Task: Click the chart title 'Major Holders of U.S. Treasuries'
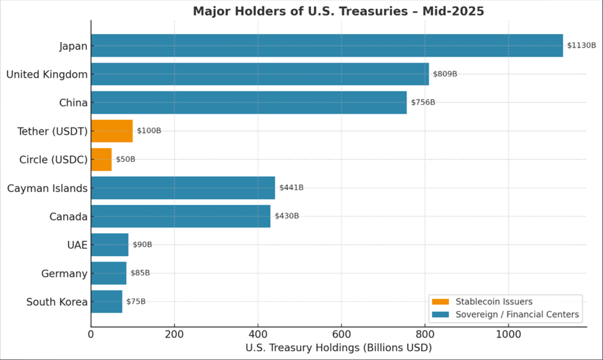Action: click(338, 11)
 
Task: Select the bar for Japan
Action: click(327, 46)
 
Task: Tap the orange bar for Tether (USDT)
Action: click(111, 131)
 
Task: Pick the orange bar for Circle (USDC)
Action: click(101, 160)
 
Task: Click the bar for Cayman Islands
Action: click(182, 188)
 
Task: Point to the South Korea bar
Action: click(106, 302)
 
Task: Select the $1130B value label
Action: click(581, 46)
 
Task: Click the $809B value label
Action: click(445, 74)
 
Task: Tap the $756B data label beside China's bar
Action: click(423, 103)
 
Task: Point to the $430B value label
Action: click(287, 216)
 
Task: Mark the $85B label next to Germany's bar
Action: click(140, 273)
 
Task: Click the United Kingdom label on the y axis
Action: click(46, 74)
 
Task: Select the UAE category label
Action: click(77, 245)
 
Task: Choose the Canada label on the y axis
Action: click(68, 216)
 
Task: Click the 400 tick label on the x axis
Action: click(258, 335)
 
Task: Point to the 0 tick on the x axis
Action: click(91, 335)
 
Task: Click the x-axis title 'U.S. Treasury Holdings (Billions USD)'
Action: click(338, 348)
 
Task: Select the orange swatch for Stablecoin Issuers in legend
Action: click(440, 302)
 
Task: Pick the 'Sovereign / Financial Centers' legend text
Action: click(517, 315)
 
